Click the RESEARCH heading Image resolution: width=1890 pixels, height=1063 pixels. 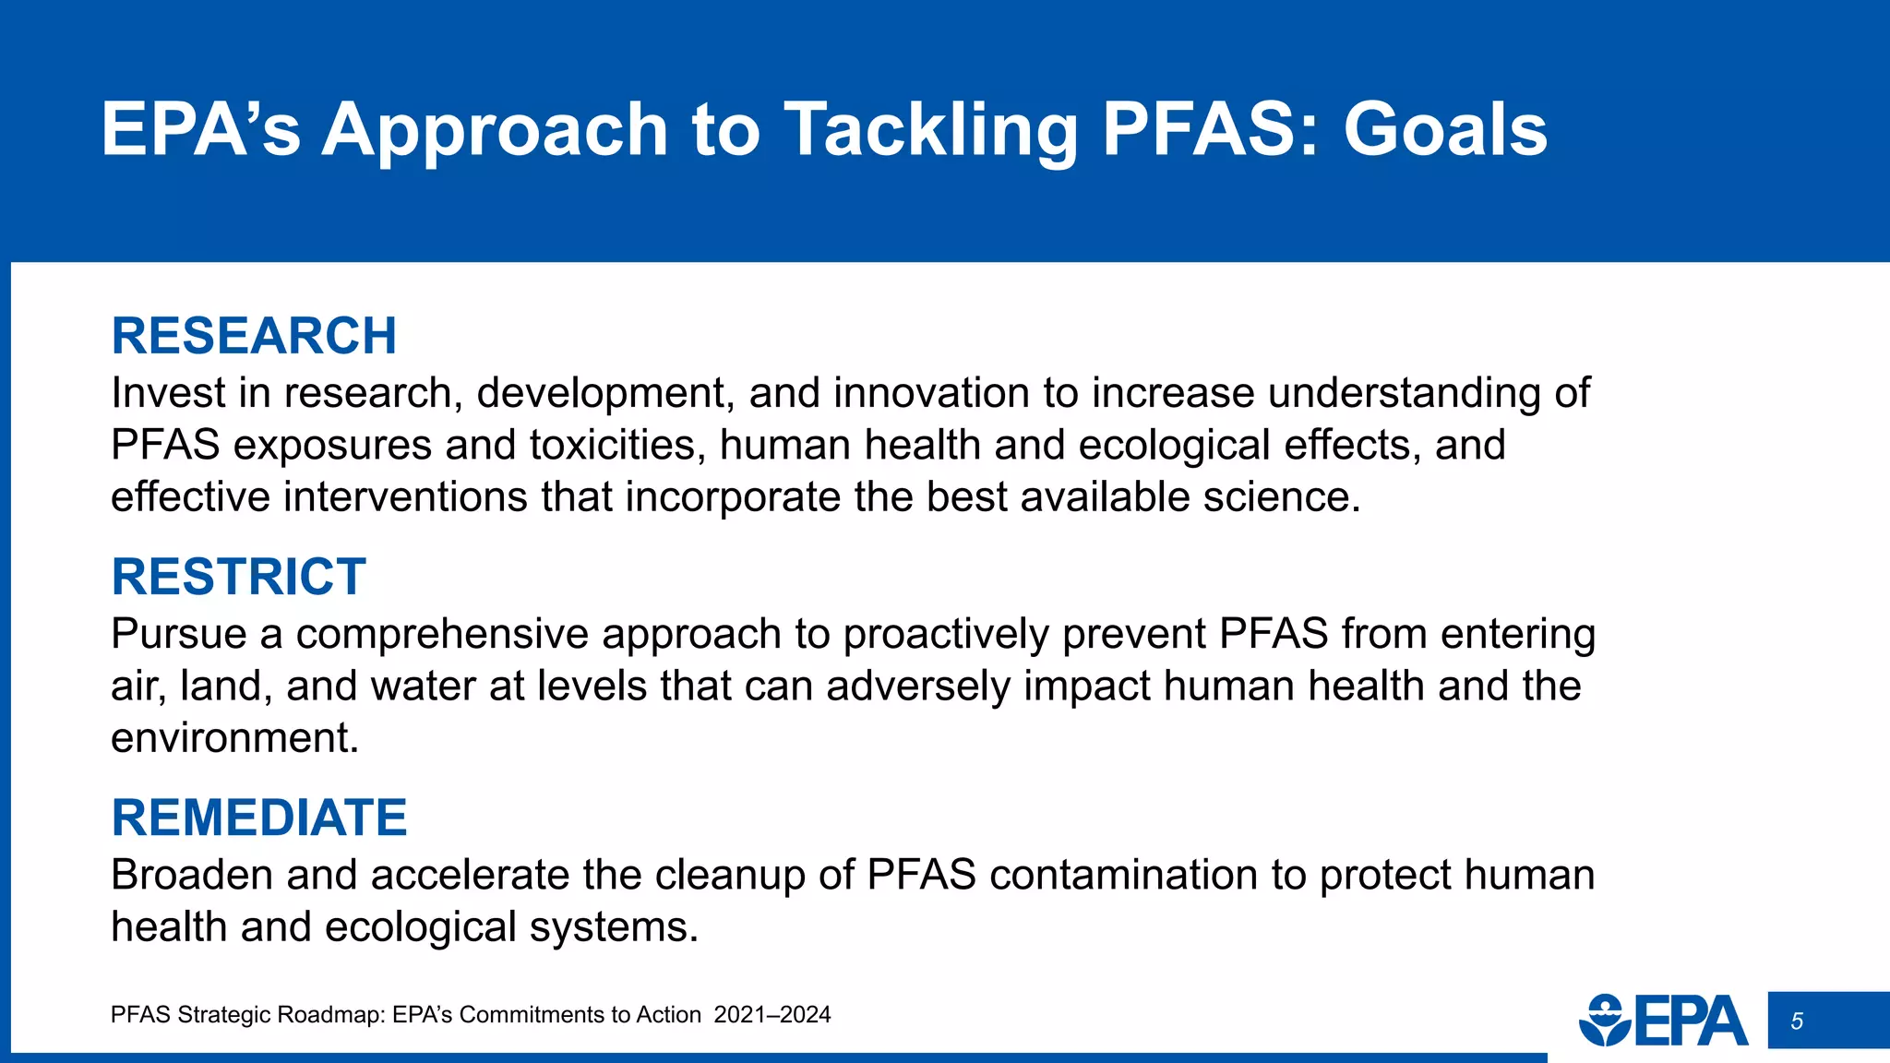coord(254,336)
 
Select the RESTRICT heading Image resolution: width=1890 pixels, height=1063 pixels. coord(238,577)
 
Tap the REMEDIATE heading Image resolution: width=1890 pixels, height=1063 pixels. coord(259,818)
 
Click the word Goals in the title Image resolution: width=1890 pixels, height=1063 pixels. coord(1445,129)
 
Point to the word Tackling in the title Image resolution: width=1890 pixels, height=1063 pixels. coord(930,129)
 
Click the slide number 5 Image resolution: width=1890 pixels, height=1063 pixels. coord(1796,1021)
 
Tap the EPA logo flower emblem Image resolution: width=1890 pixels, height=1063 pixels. coord(1605,1021)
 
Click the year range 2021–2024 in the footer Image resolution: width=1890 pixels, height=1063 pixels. coord(772,1015)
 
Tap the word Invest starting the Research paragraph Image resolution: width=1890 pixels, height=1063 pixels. coord(167,394)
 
